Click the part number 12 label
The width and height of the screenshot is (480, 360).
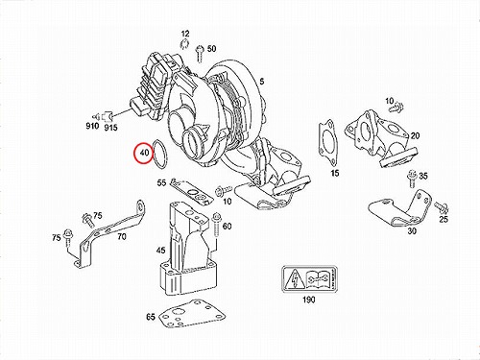[x=185, y=34]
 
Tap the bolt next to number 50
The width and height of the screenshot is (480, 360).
[x=200, y=54]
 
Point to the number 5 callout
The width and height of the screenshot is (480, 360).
[x=262, y=82]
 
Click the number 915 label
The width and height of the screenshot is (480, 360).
[x=110, y=128]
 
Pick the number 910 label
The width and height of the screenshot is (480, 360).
[x=92, y=126]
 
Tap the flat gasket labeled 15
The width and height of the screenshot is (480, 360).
[x=327, y=142]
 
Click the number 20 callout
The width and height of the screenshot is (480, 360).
[x=415, y=135]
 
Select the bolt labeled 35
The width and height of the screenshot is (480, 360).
[x=411, y=180]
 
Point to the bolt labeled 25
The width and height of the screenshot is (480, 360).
[x=442, y=207]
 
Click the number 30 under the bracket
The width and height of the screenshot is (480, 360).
[x=412, y=230]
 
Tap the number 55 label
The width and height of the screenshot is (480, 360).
[x=161, y=182]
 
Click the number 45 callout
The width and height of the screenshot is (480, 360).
[x=160, y=250]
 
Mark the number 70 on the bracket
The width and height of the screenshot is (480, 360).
[x=122, y=236]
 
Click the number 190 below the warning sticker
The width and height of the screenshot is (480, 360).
[x=309, y=300]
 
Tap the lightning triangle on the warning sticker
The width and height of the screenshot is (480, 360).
[x=295, y=278]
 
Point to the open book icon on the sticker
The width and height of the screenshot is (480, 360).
[x=317, y=277]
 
